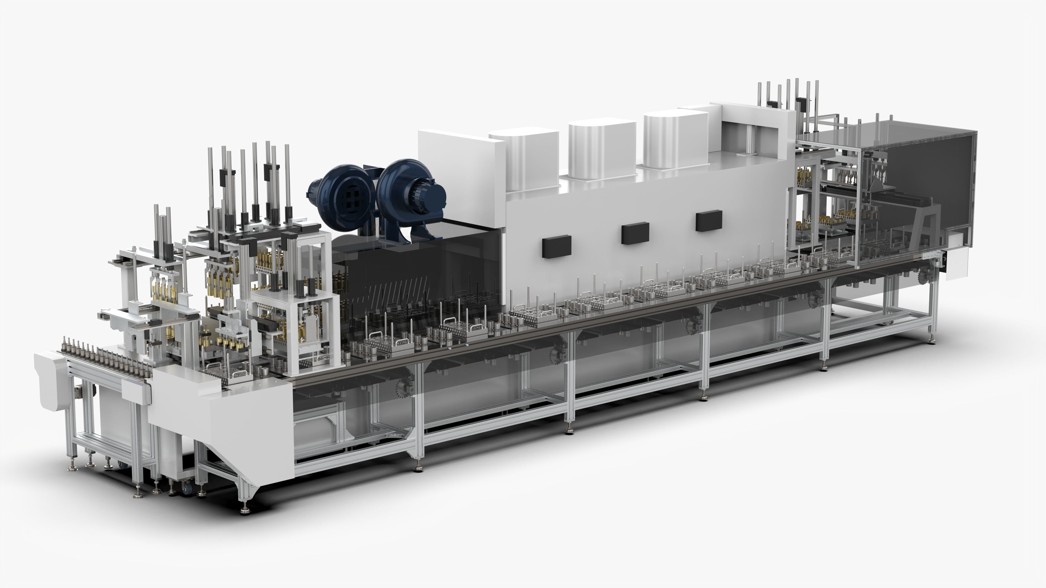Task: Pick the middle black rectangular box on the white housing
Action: click(635, 233)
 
